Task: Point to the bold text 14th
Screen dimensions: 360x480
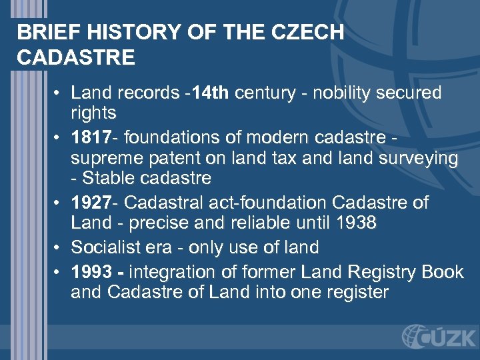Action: pos(212,93)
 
